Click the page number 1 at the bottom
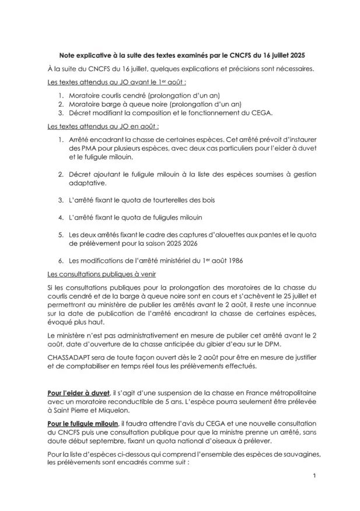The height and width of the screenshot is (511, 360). coord(314,475)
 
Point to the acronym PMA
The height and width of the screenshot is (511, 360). coord(89,148)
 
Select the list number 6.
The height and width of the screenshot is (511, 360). coord(61,260)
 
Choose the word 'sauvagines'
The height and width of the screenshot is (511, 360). coord(298,454)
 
